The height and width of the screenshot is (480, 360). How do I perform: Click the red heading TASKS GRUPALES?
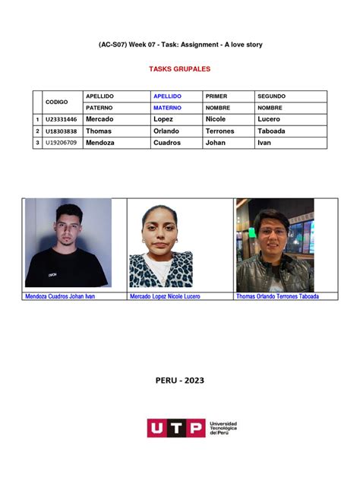(179, 69)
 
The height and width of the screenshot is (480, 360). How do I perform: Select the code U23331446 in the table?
(62, 119)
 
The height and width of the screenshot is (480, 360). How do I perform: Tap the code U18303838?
(62, 131)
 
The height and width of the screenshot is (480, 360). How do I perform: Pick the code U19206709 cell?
(62, 142)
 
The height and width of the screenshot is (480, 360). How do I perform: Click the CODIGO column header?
(57, 102)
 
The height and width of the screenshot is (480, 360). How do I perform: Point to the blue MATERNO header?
(168, 108)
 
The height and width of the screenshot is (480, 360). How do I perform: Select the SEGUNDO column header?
(272, 96)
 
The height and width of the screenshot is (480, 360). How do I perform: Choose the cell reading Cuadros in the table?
(167, 142)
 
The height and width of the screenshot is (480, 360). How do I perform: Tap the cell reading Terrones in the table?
(220, 131)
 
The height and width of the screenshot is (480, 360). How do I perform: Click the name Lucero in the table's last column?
(269, 119)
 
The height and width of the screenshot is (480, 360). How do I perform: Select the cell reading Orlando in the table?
(166, 131)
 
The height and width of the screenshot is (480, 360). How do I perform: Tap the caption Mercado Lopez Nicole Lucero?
(165, 296)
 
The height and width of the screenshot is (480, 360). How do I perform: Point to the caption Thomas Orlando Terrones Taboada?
(277, 296)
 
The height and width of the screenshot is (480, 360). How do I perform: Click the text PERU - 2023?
(179, 381)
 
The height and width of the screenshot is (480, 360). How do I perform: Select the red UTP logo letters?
(175, 428)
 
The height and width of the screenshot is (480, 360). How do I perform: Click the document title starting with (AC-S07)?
(180, 45)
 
